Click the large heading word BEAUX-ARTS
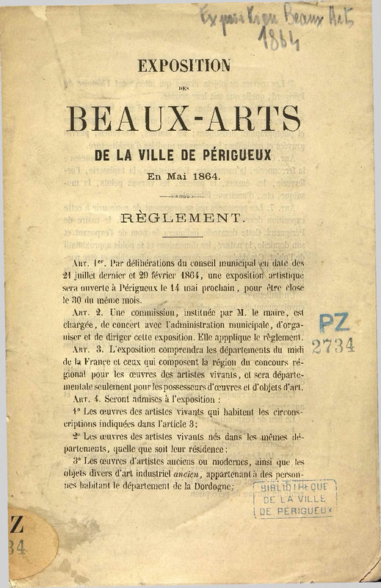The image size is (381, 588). [184, 117]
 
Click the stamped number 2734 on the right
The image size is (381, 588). [333, 346]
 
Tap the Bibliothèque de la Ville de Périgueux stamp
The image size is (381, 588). [294, 499]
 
